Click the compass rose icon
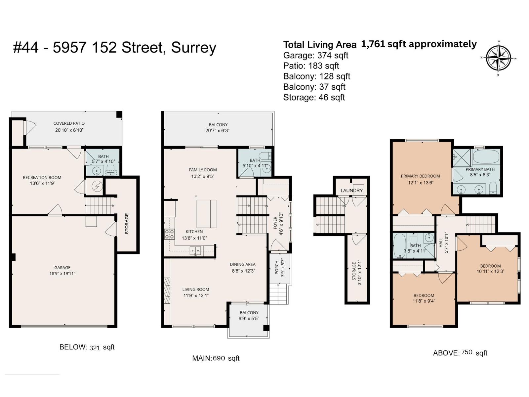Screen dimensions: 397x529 [x=498, y=58]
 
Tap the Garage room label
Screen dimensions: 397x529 [x=62, y=268]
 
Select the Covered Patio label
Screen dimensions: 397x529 [x=69, y=123]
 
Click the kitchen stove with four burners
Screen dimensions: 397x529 [x=170, y=234]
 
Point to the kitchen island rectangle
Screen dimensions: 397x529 [x=206, y=214]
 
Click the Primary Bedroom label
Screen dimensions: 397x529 [x=420, y=176]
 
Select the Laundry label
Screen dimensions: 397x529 [x=351, y=191]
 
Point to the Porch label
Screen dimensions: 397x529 [x=277, y=267]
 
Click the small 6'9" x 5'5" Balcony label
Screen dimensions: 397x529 [x=249, y=313]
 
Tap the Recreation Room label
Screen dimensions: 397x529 [x=42, y=178]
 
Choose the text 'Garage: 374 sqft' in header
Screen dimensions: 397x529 [x=315, y=55]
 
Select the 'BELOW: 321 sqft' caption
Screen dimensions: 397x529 [x=87, y=347]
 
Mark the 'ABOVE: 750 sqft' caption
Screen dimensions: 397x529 [x=460, y=353]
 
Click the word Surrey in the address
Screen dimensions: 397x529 [x=193, y=48]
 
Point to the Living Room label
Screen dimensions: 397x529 [x=195, y=289]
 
